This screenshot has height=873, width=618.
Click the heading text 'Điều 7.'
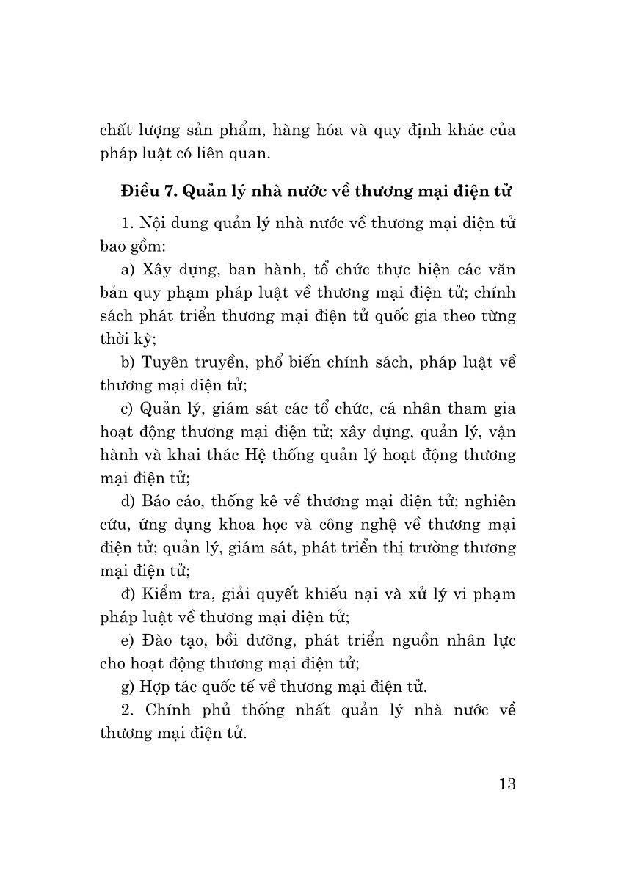click(x=149, y=191)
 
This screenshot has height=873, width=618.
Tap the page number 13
click(x=506, y=783)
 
